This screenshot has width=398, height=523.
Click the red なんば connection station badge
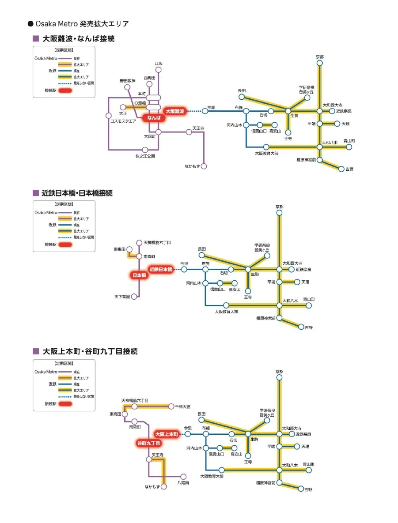(154, 118)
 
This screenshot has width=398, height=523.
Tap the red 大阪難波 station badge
(176, 111)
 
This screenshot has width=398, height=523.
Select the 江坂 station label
(159, 64)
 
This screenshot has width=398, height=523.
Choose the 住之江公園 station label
(145, 156)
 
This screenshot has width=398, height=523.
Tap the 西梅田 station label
(149, 78)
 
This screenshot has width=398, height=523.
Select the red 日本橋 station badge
(140, 275)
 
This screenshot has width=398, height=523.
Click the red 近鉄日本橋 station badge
(161, 269)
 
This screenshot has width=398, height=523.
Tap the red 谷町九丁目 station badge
(148, 443)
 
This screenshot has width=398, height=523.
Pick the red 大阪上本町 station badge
(167, 434)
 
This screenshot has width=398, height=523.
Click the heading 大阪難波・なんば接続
(79, 39)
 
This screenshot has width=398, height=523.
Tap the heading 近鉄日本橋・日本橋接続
(78, 193)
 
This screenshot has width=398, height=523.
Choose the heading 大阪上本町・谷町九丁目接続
(90, 352)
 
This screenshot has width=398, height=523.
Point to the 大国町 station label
(150, 136)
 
